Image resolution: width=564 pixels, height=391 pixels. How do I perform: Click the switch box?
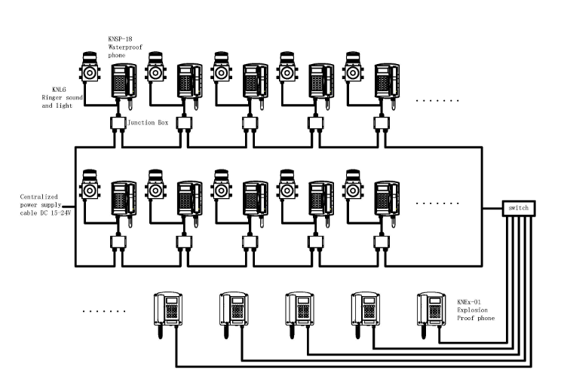519,207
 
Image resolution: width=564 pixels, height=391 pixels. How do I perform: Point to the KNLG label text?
54,90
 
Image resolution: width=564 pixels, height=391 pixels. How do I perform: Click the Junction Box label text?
148,122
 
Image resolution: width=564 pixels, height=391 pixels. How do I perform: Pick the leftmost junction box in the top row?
116,123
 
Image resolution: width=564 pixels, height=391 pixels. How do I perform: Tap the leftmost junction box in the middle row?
116,242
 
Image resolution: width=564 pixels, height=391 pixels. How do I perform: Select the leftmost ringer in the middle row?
90,188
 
